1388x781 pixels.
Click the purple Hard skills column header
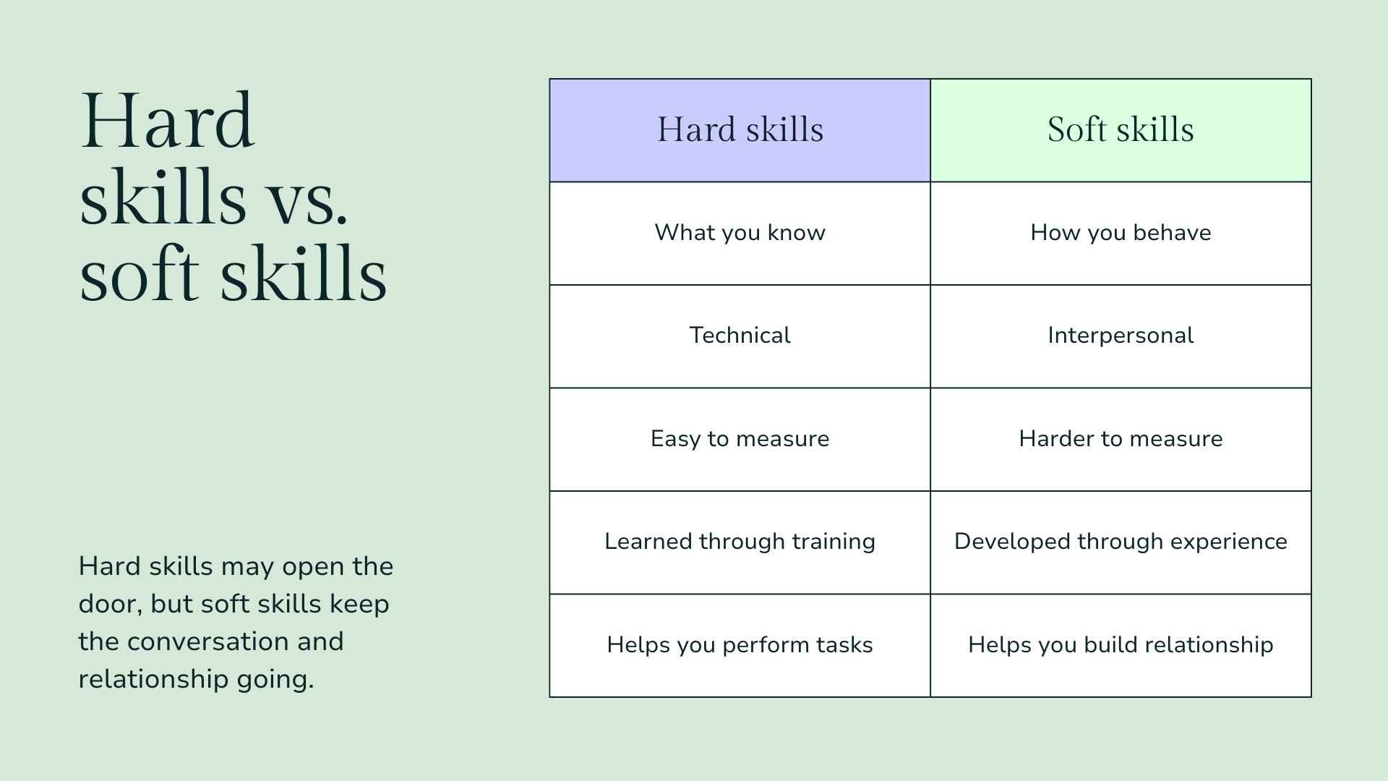coord(740,130)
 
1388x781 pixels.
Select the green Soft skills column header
coord(1121,130)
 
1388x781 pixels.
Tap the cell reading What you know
coord(740,233)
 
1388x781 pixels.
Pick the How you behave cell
coord(1121,233)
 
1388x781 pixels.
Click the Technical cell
coord(740,336)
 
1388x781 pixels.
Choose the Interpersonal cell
coord(1121,336)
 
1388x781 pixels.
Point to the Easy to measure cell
coord(740,439)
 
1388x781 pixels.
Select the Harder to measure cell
coord(1121,439)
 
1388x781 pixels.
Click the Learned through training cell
coord(740,542)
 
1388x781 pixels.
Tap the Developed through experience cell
coord(1121,542)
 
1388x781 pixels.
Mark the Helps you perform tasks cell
coord(740,645)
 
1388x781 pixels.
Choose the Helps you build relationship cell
coord(1121,645)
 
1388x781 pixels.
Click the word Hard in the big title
coord(167,121)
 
